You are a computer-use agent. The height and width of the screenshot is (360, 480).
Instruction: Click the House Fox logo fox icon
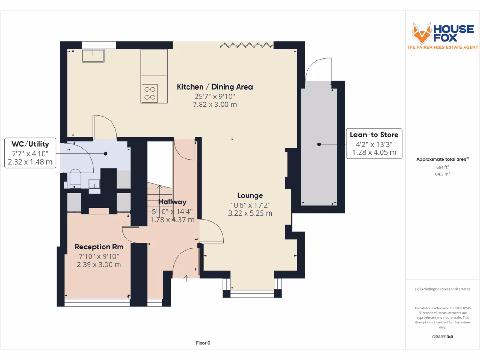click(x=421, y=33)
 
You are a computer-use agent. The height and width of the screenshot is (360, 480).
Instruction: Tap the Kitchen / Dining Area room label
click(x=215, y=87)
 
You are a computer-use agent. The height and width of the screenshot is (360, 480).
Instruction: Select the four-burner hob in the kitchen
click(x=150, y=93)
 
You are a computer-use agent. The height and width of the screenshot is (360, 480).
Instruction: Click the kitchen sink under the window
click(x=92, y=56)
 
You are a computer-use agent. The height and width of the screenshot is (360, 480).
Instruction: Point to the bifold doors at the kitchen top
click(x=247, y=45)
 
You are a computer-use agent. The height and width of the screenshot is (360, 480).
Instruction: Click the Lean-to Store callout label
click(x=374, y=135)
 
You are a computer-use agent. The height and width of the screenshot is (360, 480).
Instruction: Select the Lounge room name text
click(x=250, y=195)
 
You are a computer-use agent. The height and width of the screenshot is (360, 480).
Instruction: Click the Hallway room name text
click(x=172, y=202)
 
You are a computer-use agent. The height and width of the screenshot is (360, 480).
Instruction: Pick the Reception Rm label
click(x=99, y=247)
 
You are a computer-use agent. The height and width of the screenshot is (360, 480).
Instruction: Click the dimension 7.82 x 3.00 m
click(x=215, y=105)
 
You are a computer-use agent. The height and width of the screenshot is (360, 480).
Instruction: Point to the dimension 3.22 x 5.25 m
click(x=250, y=213)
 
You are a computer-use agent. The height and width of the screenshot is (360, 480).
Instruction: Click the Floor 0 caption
click(x=203, y=343)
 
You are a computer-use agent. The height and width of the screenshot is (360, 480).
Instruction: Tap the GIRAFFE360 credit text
click(x=442, y=337)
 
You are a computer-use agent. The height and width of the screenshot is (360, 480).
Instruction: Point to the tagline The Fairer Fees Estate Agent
click(x=442, y=47)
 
